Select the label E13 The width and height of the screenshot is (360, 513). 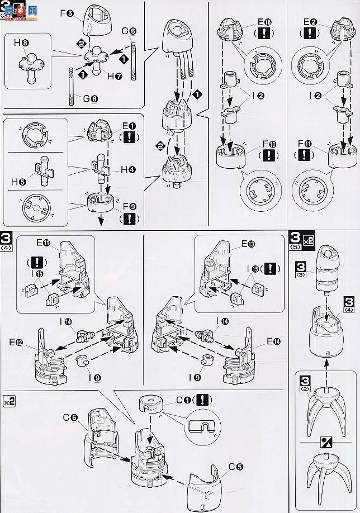pos(248,244)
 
